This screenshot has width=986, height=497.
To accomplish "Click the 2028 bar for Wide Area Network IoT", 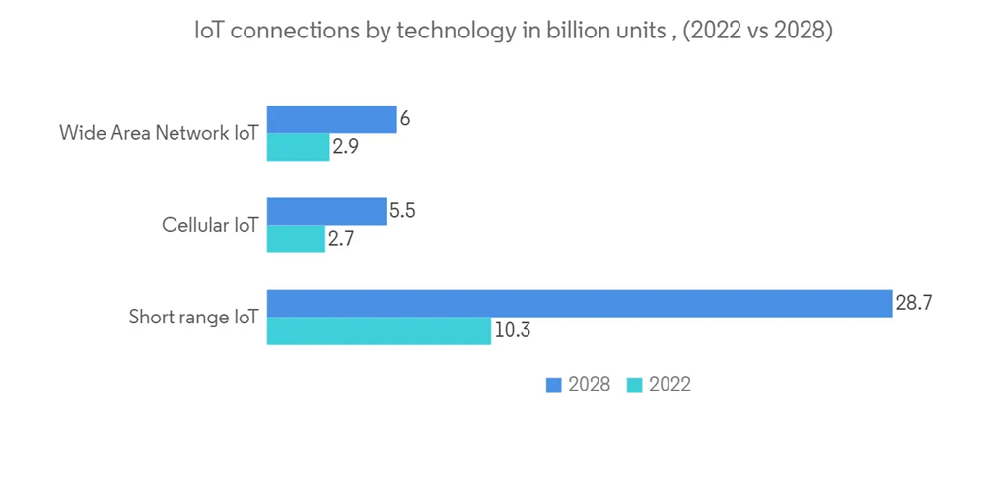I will coord(331,119).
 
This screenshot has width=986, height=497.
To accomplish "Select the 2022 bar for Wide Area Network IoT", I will coord(298,147).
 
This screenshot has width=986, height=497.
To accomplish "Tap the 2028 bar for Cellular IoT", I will coord(326,211).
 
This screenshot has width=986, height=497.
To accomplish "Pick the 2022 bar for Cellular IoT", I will coord(296,240).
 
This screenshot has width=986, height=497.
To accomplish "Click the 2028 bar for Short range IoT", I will coord(580,304).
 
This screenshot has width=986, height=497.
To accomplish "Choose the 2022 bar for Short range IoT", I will coord(380,331).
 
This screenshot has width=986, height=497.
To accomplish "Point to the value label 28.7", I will coord(914,304).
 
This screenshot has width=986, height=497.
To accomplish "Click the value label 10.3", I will coord(513,331).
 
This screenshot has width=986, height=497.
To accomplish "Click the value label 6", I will coord(404,119).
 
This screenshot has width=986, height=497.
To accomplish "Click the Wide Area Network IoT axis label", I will coord(158,132).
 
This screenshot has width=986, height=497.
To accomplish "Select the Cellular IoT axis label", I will coord(210,225).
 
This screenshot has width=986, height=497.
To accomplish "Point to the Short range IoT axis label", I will coord(193,318).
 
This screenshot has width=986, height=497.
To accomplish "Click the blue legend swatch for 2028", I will coord(553,385).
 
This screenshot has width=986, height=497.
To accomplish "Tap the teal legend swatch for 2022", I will coord(634,385).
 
